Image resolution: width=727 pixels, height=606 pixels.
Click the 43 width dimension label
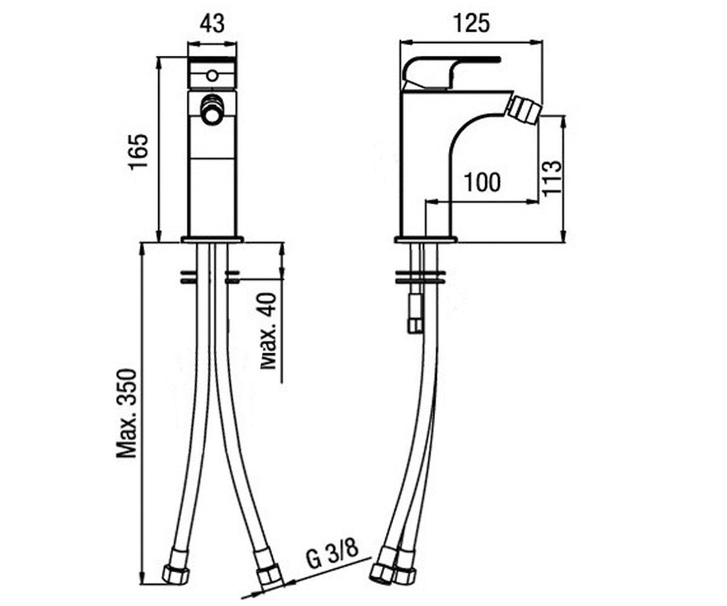212,24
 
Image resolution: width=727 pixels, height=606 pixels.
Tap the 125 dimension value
471,24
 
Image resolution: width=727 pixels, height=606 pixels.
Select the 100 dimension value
482,182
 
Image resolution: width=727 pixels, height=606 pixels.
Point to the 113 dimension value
552,178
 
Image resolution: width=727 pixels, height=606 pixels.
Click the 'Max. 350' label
127,413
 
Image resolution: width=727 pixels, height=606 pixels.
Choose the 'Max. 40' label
268,331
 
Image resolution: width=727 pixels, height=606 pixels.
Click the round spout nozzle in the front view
211,108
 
